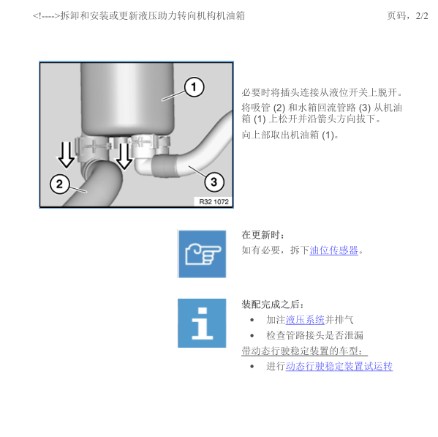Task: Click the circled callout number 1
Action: pyautogui.click(x=193, y=88)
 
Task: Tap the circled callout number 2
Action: pyautogui.click(x=60, y=182)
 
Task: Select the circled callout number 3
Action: pyautogui.click(x=213, y=181)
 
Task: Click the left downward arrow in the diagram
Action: pyautogui.click(x=67, y=153)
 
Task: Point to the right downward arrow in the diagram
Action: pyautogui.click(x=125, y=153)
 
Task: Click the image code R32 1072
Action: pyautogui.click(x=213, y=201)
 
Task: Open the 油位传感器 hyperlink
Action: pyautogui.click(x=334, y=250)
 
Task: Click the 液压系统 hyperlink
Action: pyautogui.click(x=305, y=320)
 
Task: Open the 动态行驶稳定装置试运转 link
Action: pyautogui.click(x=339, y=366)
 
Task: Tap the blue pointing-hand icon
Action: pyautogui.click(x=202, y=253)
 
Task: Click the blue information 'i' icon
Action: pyautogui.click(x=202, y=323)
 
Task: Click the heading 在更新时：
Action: pyautogui.click(x=264, y=235)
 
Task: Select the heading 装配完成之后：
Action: pyautogui.click(x=273, y=304)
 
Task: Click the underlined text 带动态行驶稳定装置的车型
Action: pyautogui.click(x=304, y=351)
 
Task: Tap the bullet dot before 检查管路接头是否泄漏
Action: pyautogui.click(x=252, y=335)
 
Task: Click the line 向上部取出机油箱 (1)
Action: pyautogui.click(x=290, y=135)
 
